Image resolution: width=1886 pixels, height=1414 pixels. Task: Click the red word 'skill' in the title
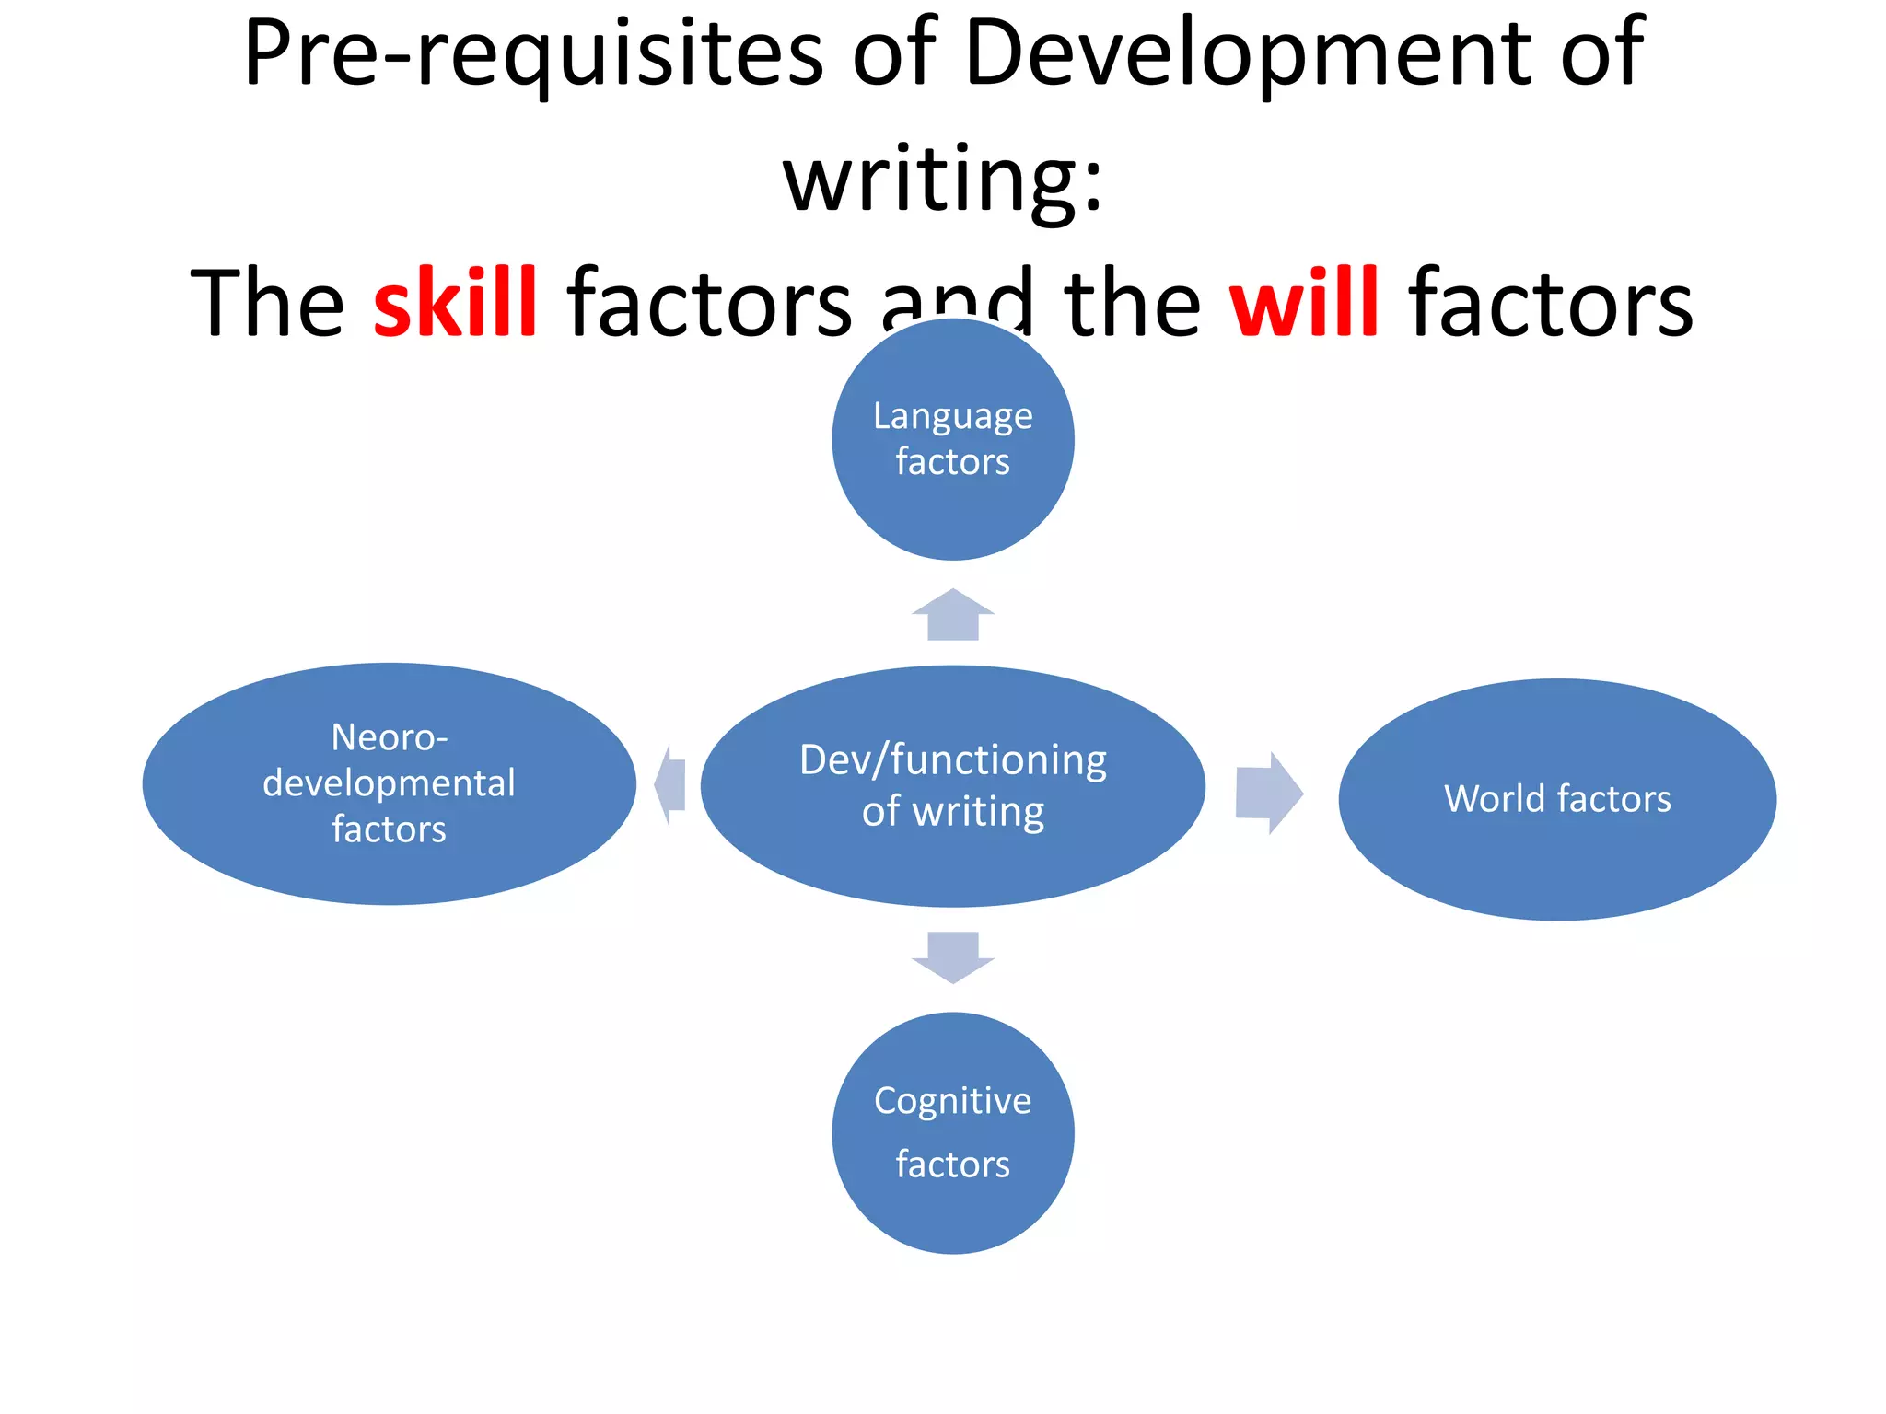pyautogui.click(x=455, y=302)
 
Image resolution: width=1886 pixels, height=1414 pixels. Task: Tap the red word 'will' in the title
pyautogui.click(x=1304, y=302)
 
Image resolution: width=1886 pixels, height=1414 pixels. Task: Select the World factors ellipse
pyautogui.click(x=1556, y=856)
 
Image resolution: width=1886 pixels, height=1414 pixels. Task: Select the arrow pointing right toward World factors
pyautogui.click(x=1268, y=793)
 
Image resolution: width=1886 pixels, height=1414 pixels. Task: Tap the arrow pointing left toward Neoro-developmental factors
pyautogui.click(x=671, y=785)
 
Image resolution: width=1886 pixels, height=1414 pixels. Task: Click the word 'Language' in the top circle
pyautogui.click(x=952, y=416)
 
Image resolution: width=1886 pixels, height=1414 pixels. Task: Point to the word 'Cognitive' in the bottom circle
pyautogui.click(x=952, y=1100)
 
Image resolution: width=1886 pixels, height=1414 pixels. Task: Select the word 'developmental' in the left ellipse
pyautogui.click(x=389, y=783)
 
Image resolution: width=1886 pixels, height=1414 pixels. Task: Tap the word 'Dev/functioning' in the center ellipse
pyautogui.click(x=952, y=760)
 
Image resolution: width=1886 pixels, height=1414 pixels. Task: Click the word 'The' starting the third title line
pyautogui.click(x=267, y=302)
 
